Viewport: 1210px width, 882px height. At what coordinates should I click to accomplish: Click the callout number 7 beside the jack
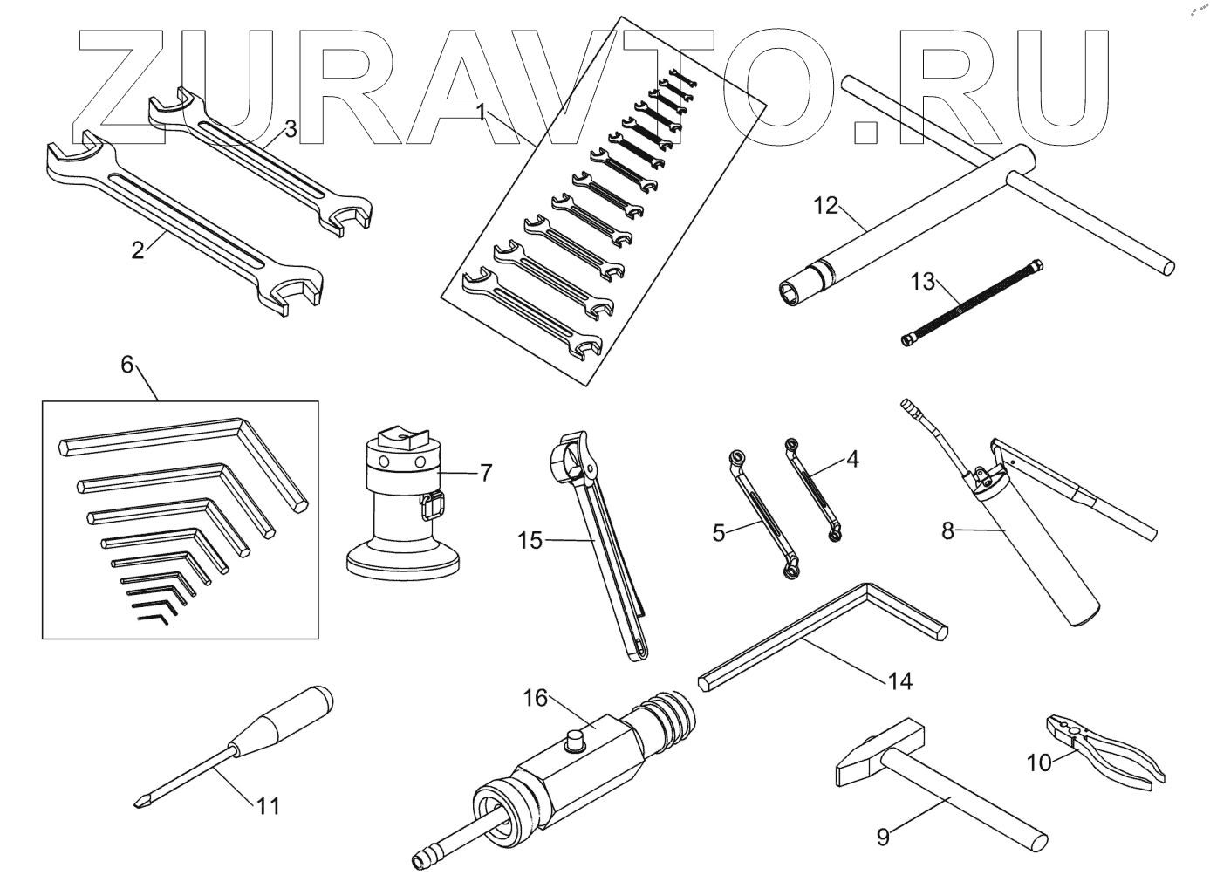click(x=486, y=473)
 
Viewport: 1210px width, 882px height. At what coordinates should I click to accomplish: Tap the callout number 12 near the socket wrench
click(x=824, y=206)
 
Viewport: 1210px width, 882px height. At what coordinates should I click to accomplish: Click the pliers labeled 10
click(x=1104, y=749)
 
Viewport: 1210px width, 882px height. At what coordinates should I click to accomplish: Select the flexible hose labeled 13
click(x=971, y=302)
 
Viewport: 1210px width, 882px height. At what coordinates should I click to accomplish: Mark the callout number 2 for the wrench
click(x=138, y=250)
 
